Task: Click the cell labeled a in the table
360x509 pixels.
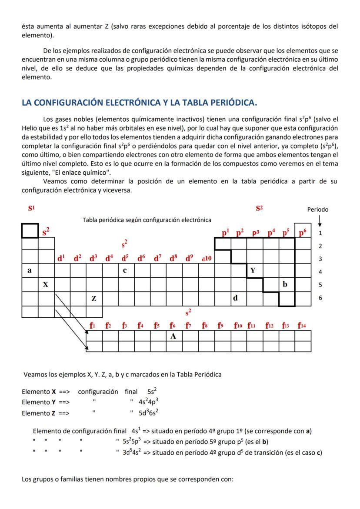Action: [x=30, y=271]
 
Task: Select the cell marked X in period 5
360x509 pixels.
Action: [x=46, y=285]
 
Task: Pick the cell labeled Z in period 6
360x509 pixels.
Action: [x=94, y=299]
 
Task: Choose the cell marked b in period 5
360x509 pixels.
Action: [x=285, y=285]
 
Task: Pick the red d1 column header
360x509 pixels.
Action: [x=62, y=258]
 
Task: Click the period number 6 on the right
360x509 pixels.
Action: [x=320, y=299]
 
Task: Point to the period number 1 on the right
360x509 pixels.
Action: [x=320, y=233]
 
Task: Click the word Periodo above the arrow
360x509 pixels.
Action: [x=318, y=210]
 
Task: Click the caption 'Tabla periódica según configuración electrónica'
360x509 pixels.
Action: [x=147, y=220]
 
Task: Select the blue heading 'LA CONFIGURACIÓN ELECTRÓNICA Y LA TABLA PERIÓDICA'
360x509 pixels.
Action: [x=139, y=103]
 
